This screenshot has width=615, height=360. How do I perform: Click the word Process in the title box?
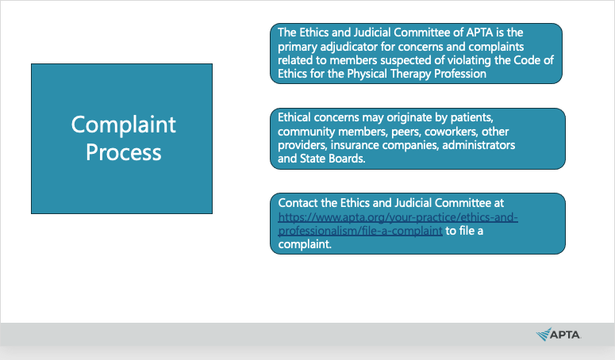(124, 152)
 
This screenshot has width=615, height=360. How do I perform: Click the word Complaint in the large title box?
(124, 125)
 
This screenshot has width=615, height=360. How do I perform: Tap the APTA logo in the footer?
(558, 335)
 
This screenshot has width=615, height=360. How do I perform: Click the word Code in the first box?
(527, 60)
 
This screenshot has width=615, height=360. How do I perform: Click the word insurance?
(355, 145)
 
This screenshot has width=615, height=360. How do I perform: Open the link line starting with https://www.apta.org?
(398, 217)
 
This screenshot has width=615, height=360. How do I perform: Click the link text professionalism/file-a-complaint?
(360, 231)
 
